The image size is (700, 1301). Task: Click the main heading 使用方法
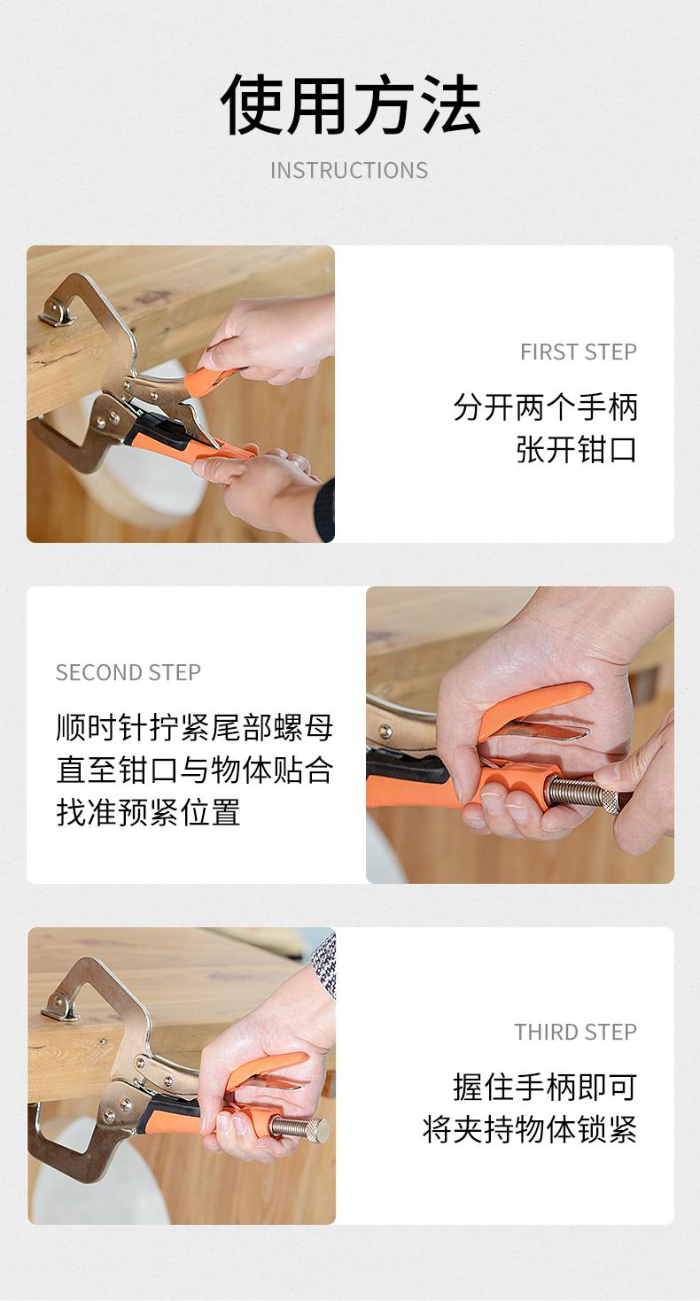[x=350, y=105]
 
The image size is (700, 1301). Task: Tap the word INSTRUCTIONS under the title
[x=349, y=171]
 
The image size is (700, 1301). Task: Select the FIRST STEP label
[x=579, y=352]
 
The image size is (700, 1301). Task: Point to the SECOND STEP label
[x=128, y=672]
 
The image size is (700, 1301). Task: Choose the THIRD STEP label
[x=576, y=1032]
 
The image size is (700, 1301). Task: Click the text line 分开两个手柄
[x=546, y=407]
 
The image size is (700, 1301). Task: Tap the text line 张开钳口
[x=576, y=450]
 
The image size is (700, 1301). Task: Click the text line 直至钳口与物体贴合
[x=195, y=771]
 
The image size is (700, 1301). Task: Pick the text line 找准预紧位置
[x=148, y=812]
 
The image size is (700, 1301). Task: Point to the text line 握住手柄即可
[x=545, y=1088]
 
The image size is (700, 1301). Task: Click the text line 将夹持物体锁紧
[x=530, y=1130]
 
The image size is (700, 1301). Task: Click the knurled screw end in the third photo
[x=316, y=1130]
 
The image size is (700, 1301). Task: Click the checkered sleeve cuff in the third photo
[x=325, y=964]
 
